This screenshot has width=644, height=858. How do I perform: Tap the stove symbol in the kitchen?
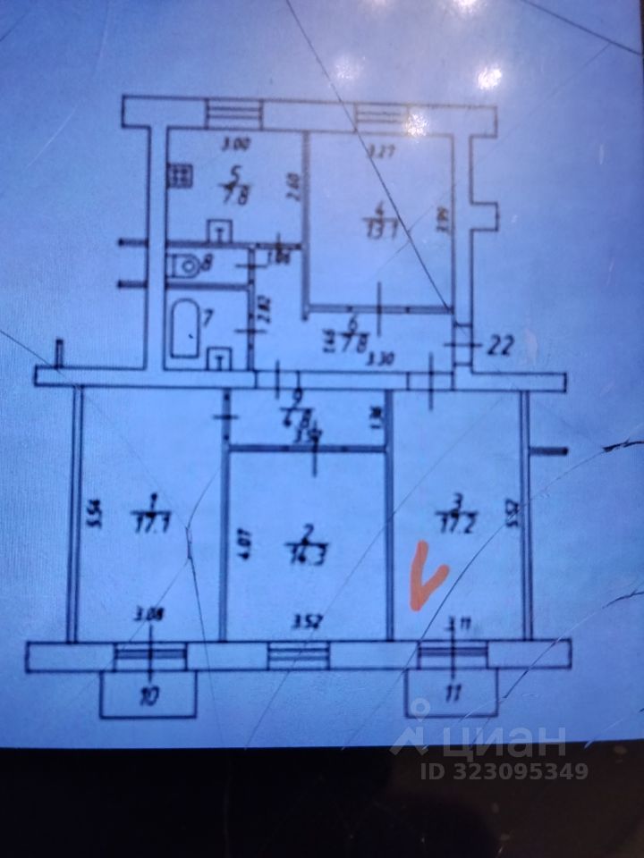click(177, 174)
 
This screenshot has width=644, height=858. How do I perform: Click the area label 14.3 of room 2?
click(307, 546)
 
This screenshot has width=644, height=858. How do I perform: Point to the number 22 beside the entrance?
click(499, 349)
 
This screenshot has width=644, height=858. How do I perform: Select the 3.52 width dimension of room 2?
click(307, 616)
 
